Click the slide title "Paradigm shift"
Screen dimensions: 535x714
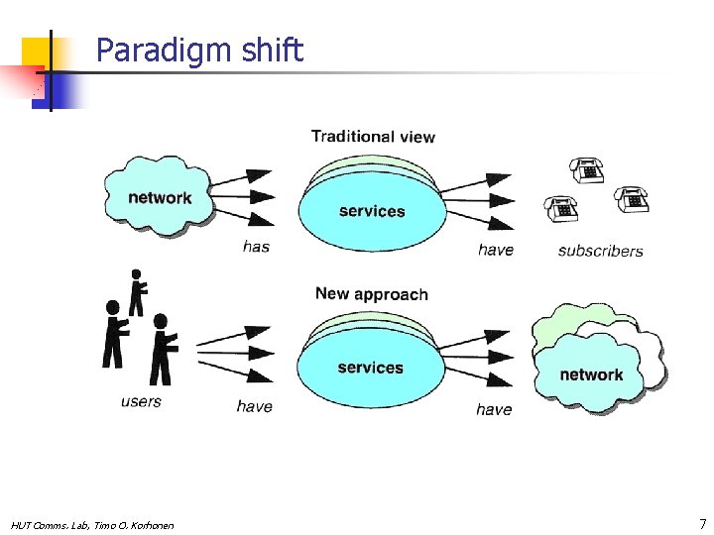point(199,51)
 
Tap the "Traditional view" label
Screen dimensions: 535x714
point(373,136)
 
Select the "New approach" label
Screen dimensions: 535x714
point(371,294)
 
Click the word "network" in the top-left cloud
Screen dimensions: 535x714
point(160,197)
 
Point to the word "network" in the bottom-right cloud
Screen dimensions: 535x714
point(591,374)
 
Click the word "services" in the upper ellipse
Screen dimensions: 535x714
point(372,211)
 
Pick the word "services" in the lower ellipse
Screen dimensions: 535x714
point(370,368)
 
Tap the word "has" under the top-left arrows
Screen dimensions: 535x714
point(256,247)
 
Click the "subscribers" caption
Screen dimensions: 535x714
point(600,251)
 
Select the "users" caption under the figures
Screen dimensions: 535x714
point(141,401)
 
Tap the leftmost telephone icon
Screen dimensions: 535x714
point(561,209)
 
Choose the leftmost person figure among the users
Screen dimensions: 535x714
point(115,334)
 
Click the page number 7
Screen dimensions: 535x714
point(702,523)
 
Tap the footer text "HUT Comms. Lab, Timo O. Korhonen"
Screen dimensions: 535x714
point(92,525)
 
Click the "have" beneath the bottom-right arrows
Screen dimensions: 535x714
point(494,409)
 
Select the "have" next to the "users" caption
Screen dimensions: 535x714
point(254,406)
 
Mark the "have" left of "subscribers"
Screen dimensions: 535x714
point(496,250)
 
